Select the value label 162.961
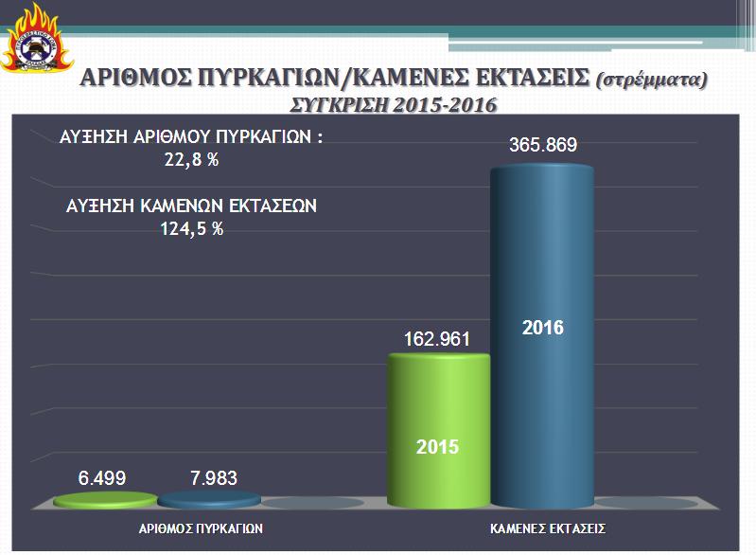pos(436,339)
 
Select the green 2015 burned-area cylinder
pos(439,426)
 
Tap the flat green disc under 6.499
pos(105,500)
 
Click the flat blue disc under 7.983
pos(208,500)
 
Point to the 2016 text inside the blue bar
pos(542,329)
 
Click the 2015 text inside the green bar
pos(438,445)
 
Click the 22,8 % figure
pos(191,160)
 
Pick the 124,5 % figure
pos(192,228)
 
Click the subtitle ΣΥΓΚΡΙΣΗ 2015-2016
pos(392,103)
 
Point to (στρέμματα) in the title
pos(652,80)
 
